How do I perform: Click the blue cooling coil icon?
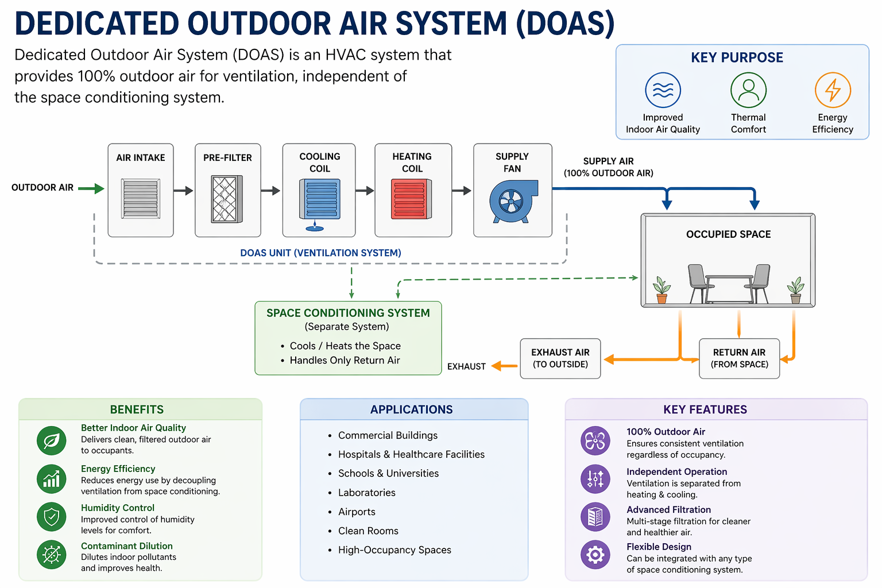(320, 200)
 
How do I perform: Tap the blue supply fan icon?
(513, 201)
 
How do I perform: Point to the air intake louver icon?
(141, 199)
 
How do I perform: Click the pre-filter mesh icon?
(227, 199)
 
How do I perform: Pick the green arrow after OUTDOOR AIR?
(91, 188)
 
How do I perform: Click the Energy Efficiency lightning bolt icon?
(833, 90)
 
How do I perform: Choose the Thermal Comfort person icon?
(748, 90)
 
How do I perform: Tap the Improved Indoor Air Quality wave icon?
(663, 90)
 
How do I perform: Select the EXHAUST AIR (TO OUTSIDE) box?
(560, 358)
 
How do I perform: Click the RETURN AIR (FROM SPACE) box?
(739, 358)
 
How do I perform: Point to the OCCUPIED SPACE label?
(728, 234)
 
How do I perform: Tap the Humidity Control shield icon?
(52, 517)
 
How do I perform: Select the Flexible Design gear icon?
(595, 555)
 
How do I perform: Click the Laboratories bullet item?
(366, 493)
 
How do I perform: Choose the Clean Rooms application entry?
(368, 531)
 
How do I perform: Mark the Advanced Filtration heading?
(668, 510)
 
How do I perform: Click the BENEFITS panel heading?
(137, 409)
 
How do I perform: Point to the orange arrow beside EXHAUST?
(504, 366)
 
